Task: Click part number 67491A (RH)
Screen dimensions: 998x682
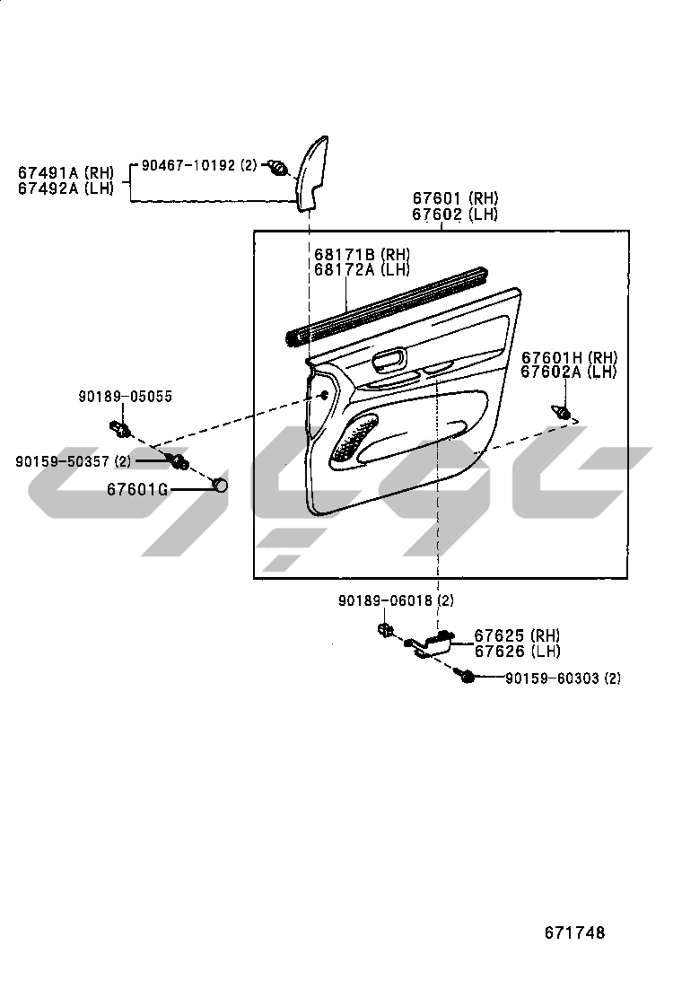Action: (66, 172)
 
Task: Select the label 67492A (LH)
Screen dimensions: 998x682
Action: (66, 188)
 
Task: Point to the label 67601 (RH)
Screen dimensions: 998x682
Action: (455, 199)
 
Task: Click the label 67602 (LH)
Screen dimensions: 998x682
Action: (455, 214)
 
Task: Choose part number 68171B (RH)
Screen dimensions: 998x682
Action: (362, 254)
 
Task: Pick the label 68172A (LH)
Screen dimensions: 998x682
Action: (362, 268)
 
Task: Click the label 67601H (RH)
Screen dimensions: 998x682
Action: (570, 357)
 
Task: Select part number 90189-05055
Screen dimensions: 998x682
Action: (125, 396)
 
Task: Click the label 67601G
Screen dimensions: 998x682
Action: (137, 489)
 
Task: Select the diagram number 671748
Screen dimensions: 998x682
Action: (574, 933)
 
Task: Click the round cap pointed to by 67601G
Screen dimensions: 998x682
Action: (219, 486)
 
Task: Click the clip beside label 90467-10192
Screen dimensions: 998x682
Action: (279, 167)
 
